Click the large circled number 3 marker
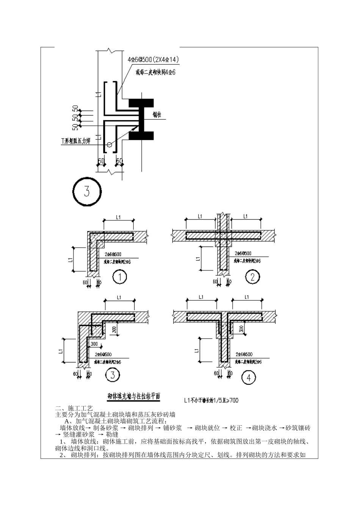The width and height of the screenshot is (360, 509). click(87, 191)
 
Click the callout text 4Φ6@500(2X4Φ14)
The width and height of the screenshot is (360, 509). click(153, 60)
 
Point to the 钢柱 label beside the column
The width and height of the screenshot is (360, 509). click(157, 114)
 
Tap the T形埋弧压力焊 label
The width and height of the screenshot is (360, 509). click(76, 141)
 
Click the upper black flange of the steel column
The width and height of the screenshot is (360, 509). click(141, 102)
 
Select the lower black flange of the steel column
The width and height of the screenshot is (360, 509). click(141, 136)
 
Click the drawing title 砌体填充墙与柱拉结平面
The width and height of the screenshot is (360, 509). click(133, 397)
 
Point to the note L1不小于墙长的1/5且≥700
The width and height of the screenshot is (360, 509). click(211, 400)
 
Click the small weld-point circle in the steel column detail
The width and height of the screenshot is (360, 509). click(109, 144)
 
